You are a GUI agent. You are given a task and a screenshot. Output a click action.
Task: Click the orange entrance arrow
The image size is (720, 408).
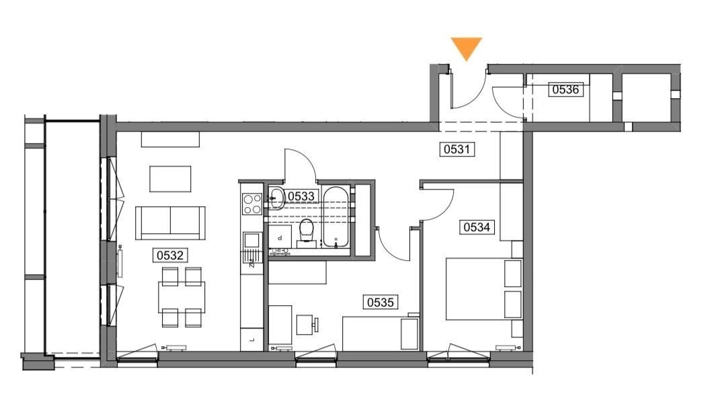(x=466, y=47)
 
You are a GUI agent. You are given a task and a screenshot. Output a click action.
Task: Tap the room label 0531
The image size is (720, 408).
(x=457, y=149)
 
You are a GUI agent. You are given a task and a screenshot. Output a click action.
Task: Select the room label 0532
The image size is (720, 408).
(x=170, y=255)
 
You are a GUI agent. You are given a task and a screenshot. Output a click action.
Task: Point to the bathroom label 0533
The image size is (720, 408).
(x=301, y=196)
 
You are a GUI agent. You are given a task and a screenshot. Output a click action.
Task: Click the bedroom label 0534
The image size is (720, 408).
(x=477, y=227)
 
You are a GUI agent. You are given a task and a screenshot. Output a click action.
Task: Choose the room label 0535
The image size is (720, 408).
(x=381, y=302)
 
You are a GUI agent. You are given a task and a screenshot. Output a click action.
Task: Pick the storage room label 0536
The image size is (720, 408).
(x=565, y=89)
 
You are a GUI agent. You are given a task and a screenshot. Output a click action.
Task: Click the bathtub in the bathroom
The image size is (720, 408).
(x=336, y=217)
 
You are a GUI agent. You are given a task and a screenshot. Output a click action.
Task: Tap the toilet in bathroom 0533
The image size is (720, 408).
(x=307, y=232)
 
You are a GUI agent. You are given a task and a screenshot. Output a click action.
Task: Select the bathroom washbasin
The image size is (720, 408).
(x=276, y=198)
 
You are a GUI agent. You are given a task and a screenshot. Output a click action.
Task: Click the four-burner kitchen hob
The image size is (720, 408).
(x=252, y=204)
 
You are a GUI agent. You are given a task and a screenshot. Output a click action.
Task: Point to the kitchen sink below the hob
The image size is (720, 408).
(x=252, y=240)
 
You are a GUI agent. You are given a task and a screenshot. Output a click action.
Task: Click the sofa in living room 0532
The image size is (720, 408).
(x=170, y=222)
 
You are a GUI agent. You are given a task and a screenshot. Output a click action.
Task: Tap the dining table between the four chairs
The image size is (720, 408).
(x=182, y=297)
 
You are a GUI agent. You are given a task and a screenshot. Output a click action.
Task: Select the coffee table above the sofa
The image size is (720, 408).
(x=170, y=179)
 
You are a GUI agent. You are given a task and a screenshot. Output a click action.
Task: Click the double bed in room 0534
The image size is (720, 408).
(x=484, y=288)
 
